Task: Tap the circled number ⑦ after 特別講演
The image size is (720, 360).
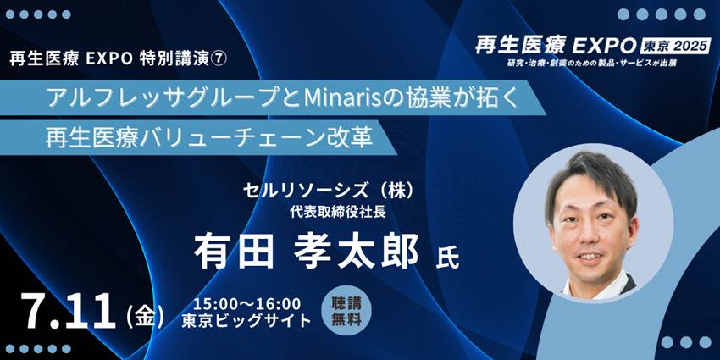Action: (x=218, y=59)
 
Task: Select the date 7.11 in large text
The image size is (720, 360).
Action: (x=69, y=311)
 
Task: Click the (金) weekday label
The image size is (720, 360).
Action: (x=144, y=317)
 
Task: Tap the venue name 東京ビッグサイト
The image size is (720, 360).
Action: (x=246, y=321)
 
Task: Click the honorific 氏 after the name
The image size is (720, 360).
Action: (x=447, y=259)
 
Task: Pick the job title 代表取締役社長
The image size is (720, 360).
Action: (x=337, y=212)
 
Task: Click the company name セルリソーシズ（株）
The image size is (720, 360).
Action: (x=330, y=191)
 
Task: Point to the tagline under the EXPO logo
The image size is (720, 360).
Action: (x=592, y=63)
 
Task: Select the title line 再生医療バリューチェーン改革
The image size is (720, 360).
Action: (x=209, y=138)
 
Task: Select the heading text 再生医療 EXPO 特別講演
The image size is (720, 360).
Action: (x=109, y=59)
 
